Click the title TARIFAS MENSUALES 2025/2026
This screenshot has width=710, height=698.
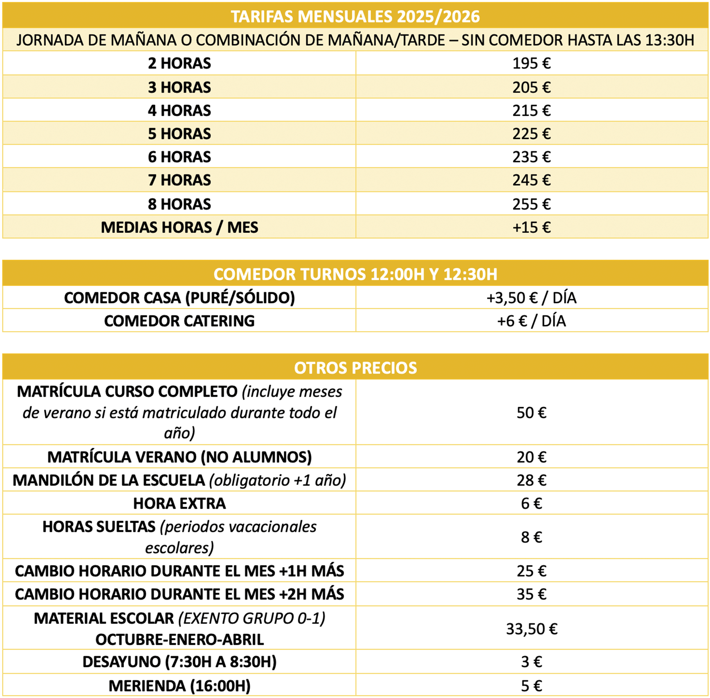[355, 16]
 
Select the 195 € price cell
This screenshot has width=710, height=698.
[531, 63]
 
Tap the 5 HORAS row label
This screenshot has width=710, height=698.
[179, 134]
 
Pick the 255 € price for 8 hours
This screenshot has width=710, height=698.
[531, 204]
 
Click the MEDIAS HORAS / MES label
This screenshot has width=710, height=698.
[179, 227]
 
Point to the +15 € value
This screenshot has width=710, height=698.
[531, 227]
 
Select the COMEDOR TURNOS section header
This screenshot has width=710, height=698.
[355, 274]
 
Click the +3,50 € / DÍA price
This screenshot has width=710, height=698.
[531, 298]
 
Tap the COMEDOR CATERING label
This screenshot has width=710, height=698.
[179, 321]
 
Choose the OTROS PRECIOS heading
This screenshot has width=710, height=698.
[355, 368]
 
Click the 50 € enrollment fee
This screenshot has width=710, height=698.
[531, 412]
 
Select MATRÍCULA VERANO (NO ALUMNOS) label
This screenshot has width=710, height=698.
[179, 457]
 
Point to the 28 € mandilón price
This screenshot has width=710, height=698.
[531, 480]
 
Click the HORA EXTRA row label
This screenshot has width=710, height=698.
[179, 503]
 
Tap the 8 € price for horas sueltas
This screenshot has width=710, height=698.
[531, 537]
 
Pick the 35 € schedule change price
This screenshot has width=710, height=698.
[531, 594]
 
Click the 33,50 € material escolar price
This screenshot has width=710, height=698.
[531, 628]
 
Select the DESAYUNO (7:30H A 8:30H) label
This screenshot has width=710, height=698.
[179, 662]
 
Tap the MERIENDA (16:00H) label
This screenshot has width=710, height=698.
[179, 686]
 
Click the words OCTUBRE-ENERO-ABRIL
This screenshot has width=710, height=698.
[179, 639]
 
